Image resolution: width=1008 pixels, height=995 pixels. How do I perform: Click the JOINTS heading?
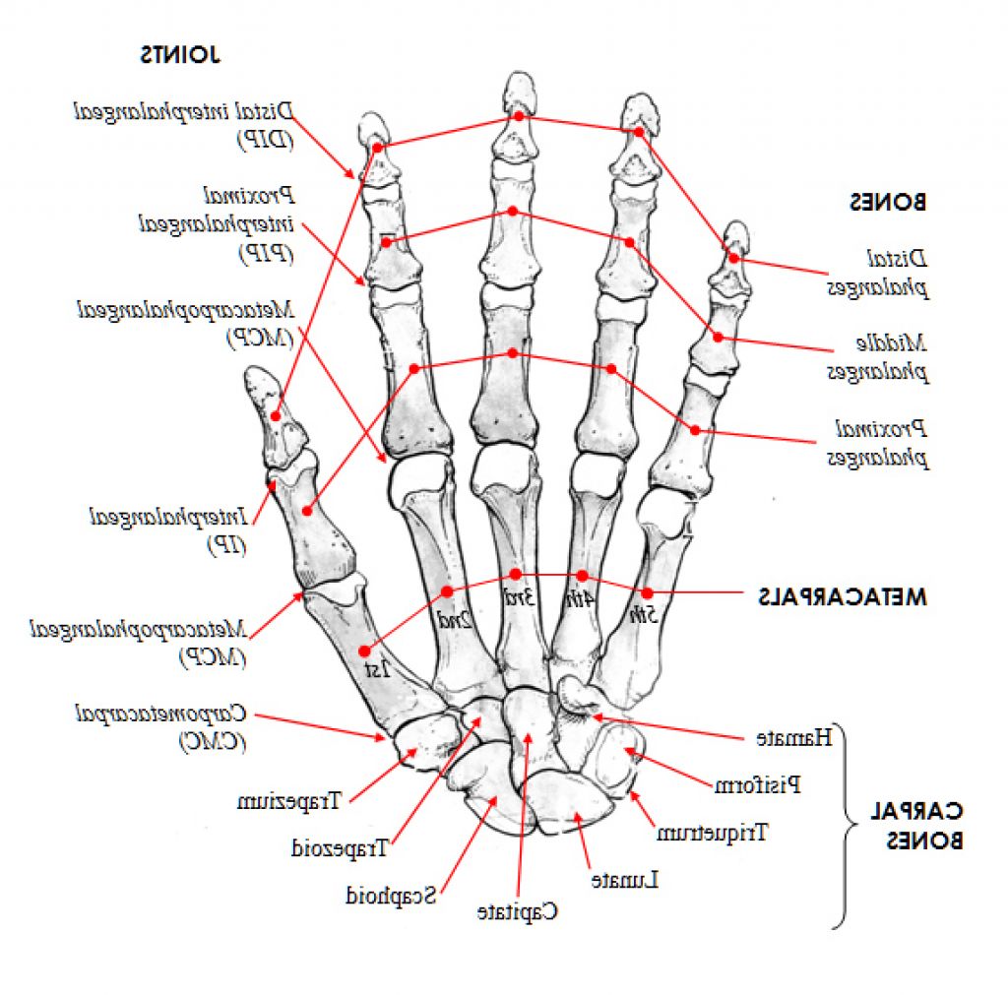click(180, 54)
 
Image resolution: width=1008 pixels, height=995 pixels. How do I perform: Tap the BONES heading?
click(888, 203)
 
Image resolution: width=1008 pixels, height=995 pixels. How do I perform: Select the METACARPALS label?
click(843, 595)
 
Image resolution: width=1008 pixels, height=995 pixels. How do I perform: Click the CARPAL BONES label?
click(915, 826)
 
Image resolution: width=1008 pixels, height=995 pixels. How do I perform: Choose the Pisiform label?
click(757, 784)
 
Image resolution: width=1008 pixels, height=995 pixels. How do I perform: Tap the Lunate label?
click(624, 879)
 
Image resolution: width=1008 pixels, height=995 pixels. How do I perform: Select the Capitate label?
click(518, 911)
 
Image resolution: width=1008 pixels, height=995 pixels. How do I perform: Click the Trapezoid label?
click(342, 844)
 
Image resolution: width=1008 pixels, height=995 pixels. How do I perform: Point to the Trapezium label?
click(288, 801)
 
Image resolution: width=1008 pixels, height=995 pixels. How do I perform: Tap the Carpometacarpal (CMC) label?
click(163, 726)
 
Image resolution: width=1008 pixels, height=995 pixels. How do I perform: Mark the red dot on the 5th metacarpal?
click(647, 592)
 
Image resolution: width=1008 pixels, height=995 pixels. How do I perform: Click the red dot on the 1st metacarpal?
click(364, 651)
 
